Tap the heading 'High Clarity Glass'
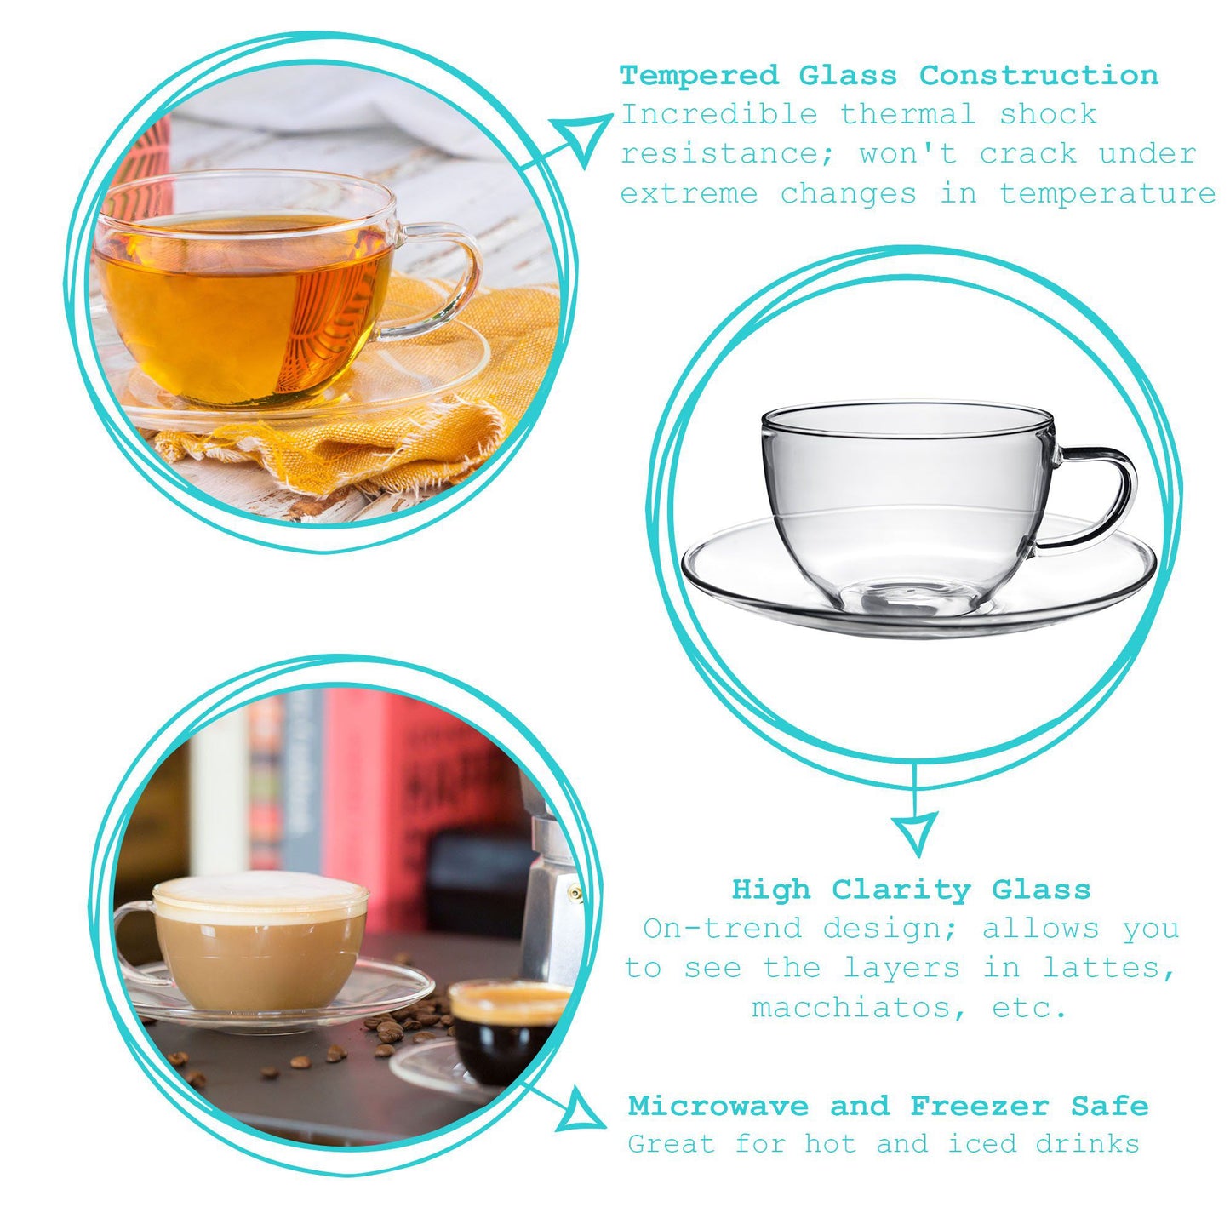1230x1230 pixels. tap(911, 890)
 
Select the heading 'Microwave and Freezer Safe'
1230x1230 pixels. tap(888, 1106)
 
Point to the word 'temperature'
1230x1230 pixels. tap(1107, 193)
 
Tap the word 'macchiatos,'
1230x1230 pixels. tap(860, 1008)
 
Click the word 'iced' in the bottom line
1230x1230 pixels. tap(982, 1143)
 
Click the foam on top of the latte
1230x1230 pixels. tap(260, 890)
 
